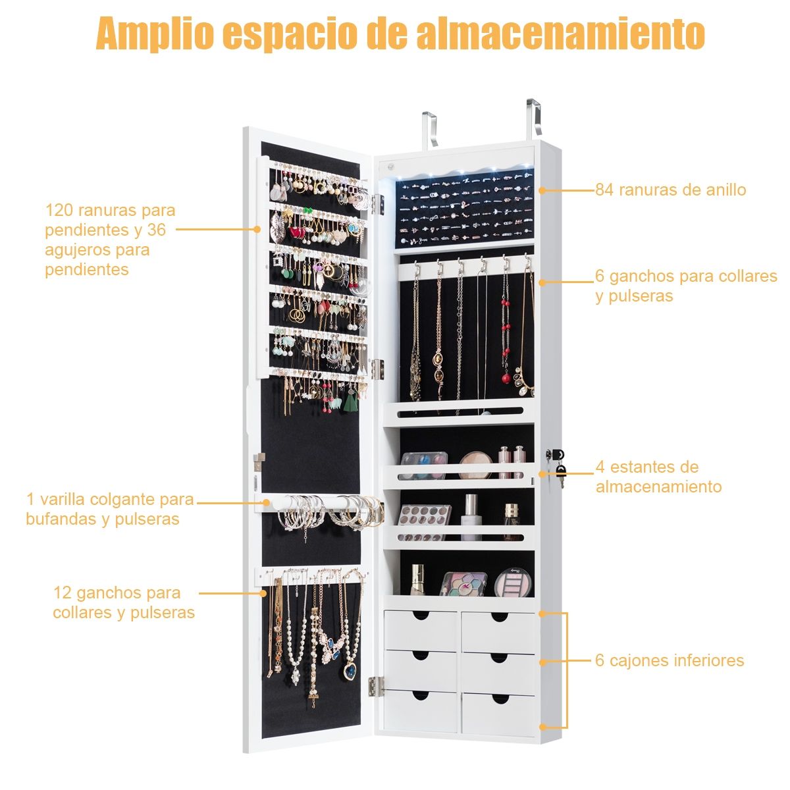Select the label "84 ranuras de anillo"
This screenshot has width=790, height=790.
(670, 190)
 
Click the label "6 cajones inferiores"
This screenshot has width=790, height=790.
(670, 660)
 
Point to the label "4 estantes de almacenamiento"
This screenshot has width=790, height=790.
(658, 477)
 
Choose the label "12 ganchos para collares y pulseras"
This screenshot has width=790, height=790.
(124, 602)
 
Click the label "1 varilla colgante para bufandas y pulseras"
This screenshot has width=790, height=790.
(110, 509)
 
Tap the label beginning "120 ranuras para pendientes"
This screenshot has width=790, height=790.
(110, 240)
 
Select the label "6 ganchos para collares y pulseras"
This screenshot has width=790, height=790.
(685, 286)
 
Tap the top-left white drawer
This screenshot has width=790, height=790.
(421, 629)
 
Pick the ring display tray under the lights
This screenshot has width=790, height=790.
(464, 207)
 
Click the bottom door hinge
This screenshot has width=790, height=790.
(376, 686)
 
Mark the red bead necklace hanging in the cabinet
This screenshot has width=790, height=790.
(506, 342)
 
